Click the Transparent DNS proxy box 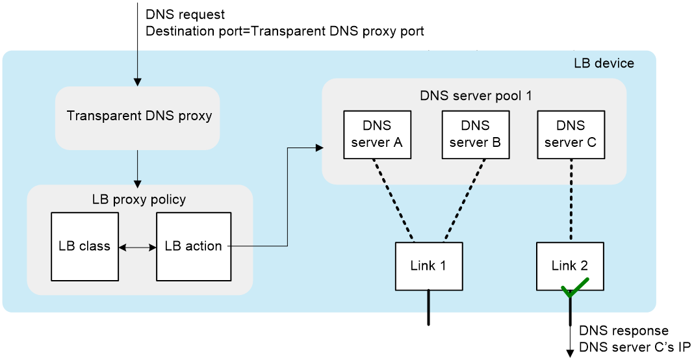point(138,118)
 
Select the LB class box point(84,246)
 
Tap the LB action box point(193,246)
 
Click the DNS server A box point(377,135)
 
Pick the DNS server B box point(475,135)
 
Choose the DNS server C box point(571,135)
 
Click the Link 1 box point(429,266)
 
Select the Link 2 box point(569,266)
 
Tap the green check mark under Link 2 point(574,288)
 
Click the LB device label point(604,64)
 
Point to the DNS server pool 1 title point(476,96)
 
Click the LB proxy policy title point(139,199)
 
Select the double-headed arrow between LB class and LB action point(137,247)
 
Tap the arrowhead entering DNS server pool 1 point(319,148)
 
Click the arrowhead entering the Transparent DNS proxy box point(137,82)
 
